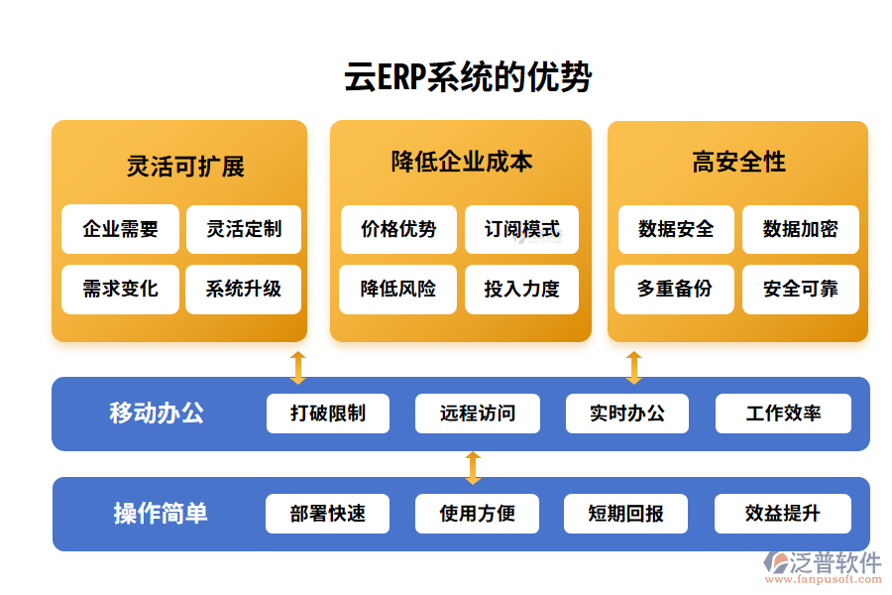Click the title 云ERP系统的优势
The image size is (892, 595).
tap(468, 77)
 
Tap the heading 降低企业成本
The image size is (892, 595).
tap(462, 162)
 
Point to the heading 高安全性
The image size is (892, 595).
tap(738, 162)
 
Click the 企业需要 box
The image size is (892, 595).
tap(120, 229)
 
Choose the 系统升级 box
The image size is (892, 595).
tap(243, 290)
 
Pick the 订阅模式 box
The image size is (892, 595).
tap(521, 229)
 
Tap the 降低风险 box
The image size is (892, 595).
tap(398, 290)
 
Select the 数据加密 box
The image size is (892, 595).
tap(800, 229)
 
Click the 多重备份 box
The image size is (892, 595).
tap(675, 290)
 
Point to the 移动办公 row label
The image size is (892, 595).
tap(157, 413)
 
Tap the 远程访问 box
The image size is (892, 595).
tap(478, 414)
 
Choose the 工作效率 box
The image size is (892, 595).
tap(783, 414)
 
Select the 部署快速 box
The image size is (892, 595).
tap(328, 514)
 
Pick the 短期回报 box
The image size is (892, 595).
tap(625, 514)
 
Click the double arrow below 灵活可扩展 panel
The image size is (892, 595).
tap(297, 367)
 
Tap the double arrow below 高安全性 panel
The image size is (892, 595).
tap(634, 367)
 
